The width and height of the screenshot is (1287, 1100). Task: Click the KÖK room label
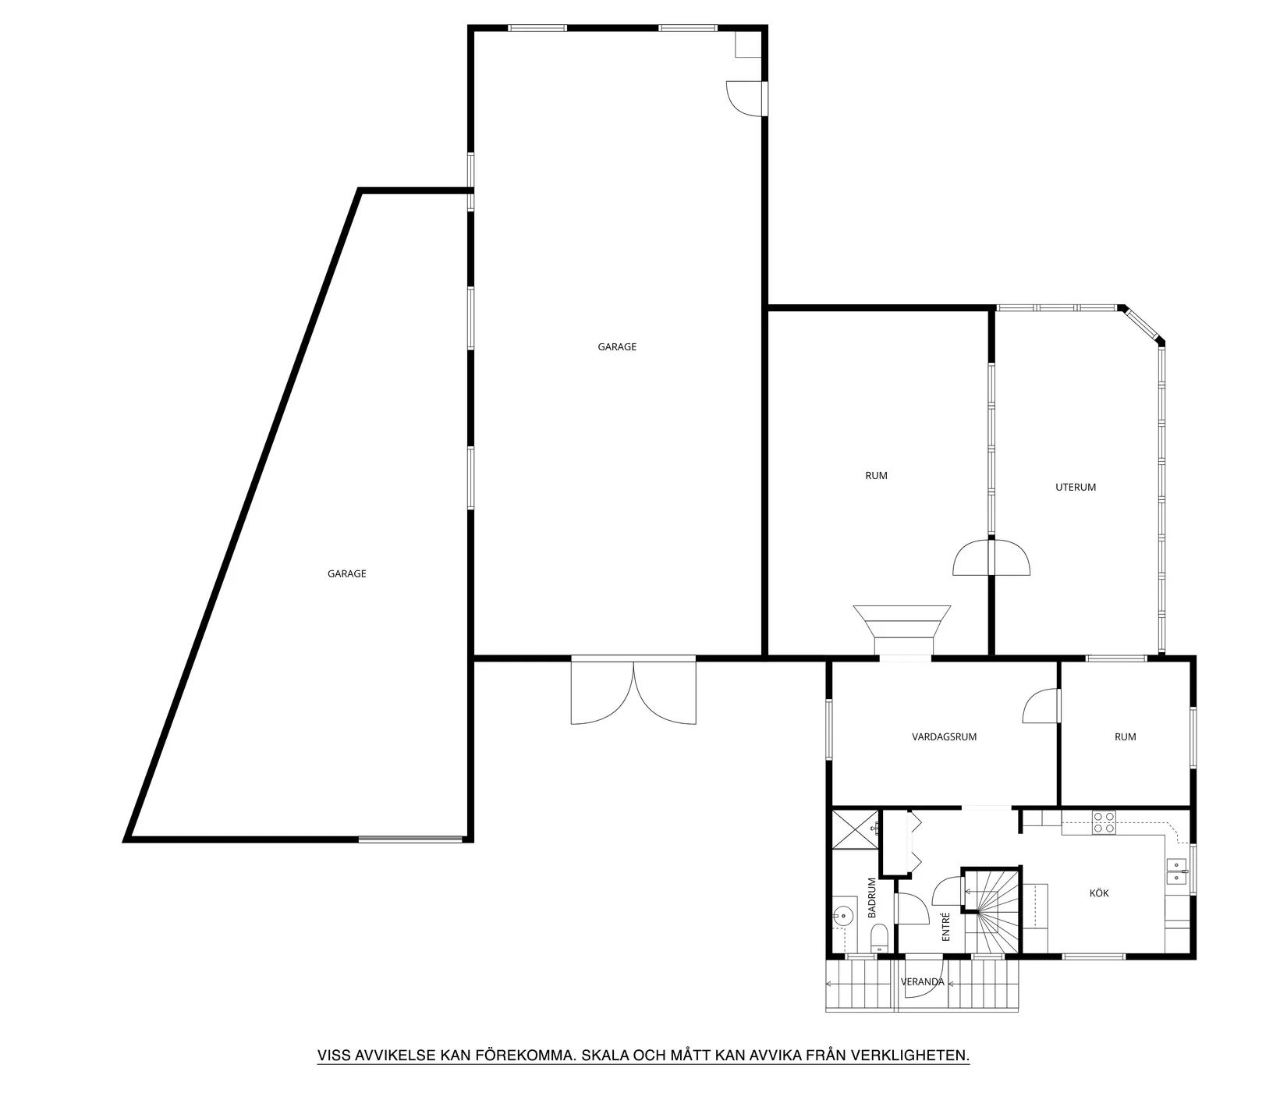(1099, 893)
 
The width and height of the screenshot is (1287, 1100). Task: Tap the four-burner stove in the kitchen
(1104, 823)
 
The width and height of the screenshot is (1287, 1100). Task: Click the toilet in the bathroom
(878, 936)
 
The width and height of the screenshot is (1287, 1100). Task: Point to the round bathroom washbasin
(842, 915)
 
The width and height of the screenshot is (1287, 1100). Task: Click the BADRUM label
(872, 898)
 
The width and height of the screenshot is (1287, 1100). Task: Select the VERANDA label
(923, 982)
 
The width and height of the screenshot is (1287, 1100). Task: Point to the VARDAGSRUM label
(944, 736)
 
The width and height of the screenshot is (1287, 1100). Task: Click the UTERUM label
(1076, 487)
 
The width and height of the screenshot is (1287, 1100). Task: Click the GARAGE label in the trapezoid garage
(347, 573)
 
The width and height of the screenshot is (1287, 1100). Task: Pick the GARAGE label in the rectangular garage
(617, 347)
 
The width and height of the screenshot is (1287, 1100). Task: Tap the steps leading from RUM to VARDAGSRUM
(902, 631)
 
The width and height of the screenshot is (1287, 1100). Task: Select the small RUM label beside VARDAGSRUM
(1126, 736)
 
